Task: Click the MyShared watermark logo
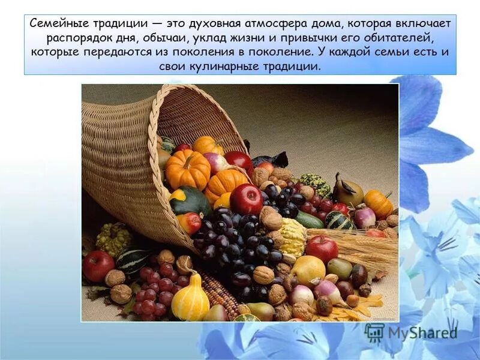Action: (x=407, y=332)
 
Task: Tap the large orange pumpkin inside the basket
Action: (x=188, y=169)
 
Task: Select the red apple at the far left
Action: (x=98, y=266)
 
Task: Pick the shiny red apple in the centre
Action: (x=246, y=199)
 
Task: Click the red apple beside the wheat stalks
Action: (x=322, y=248)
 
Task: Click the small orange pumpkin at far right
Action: (x=378, y=204)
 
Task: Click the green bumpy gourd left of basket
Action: (x=113, y=239)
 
